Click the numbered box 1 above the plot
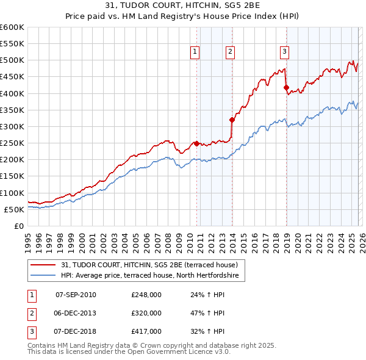[x=195, y=52]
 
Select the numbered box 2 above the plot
[x=230, y=52]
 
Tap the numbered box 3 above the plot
[x=284, y=52]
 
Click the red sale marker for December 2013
[x=232, y=120]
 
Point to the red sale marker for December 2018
[x=286, y=88]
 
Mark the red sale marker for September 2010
[x=196, y=143]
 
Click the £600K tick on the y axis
[x=12, y=27]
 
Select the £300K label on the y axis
[x=12, y=127]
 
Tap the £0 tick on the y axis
[x=19, y=226]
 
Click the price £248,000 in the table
[x=146, y=295]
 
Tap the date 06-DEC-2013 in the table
[x=76, y=313]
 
